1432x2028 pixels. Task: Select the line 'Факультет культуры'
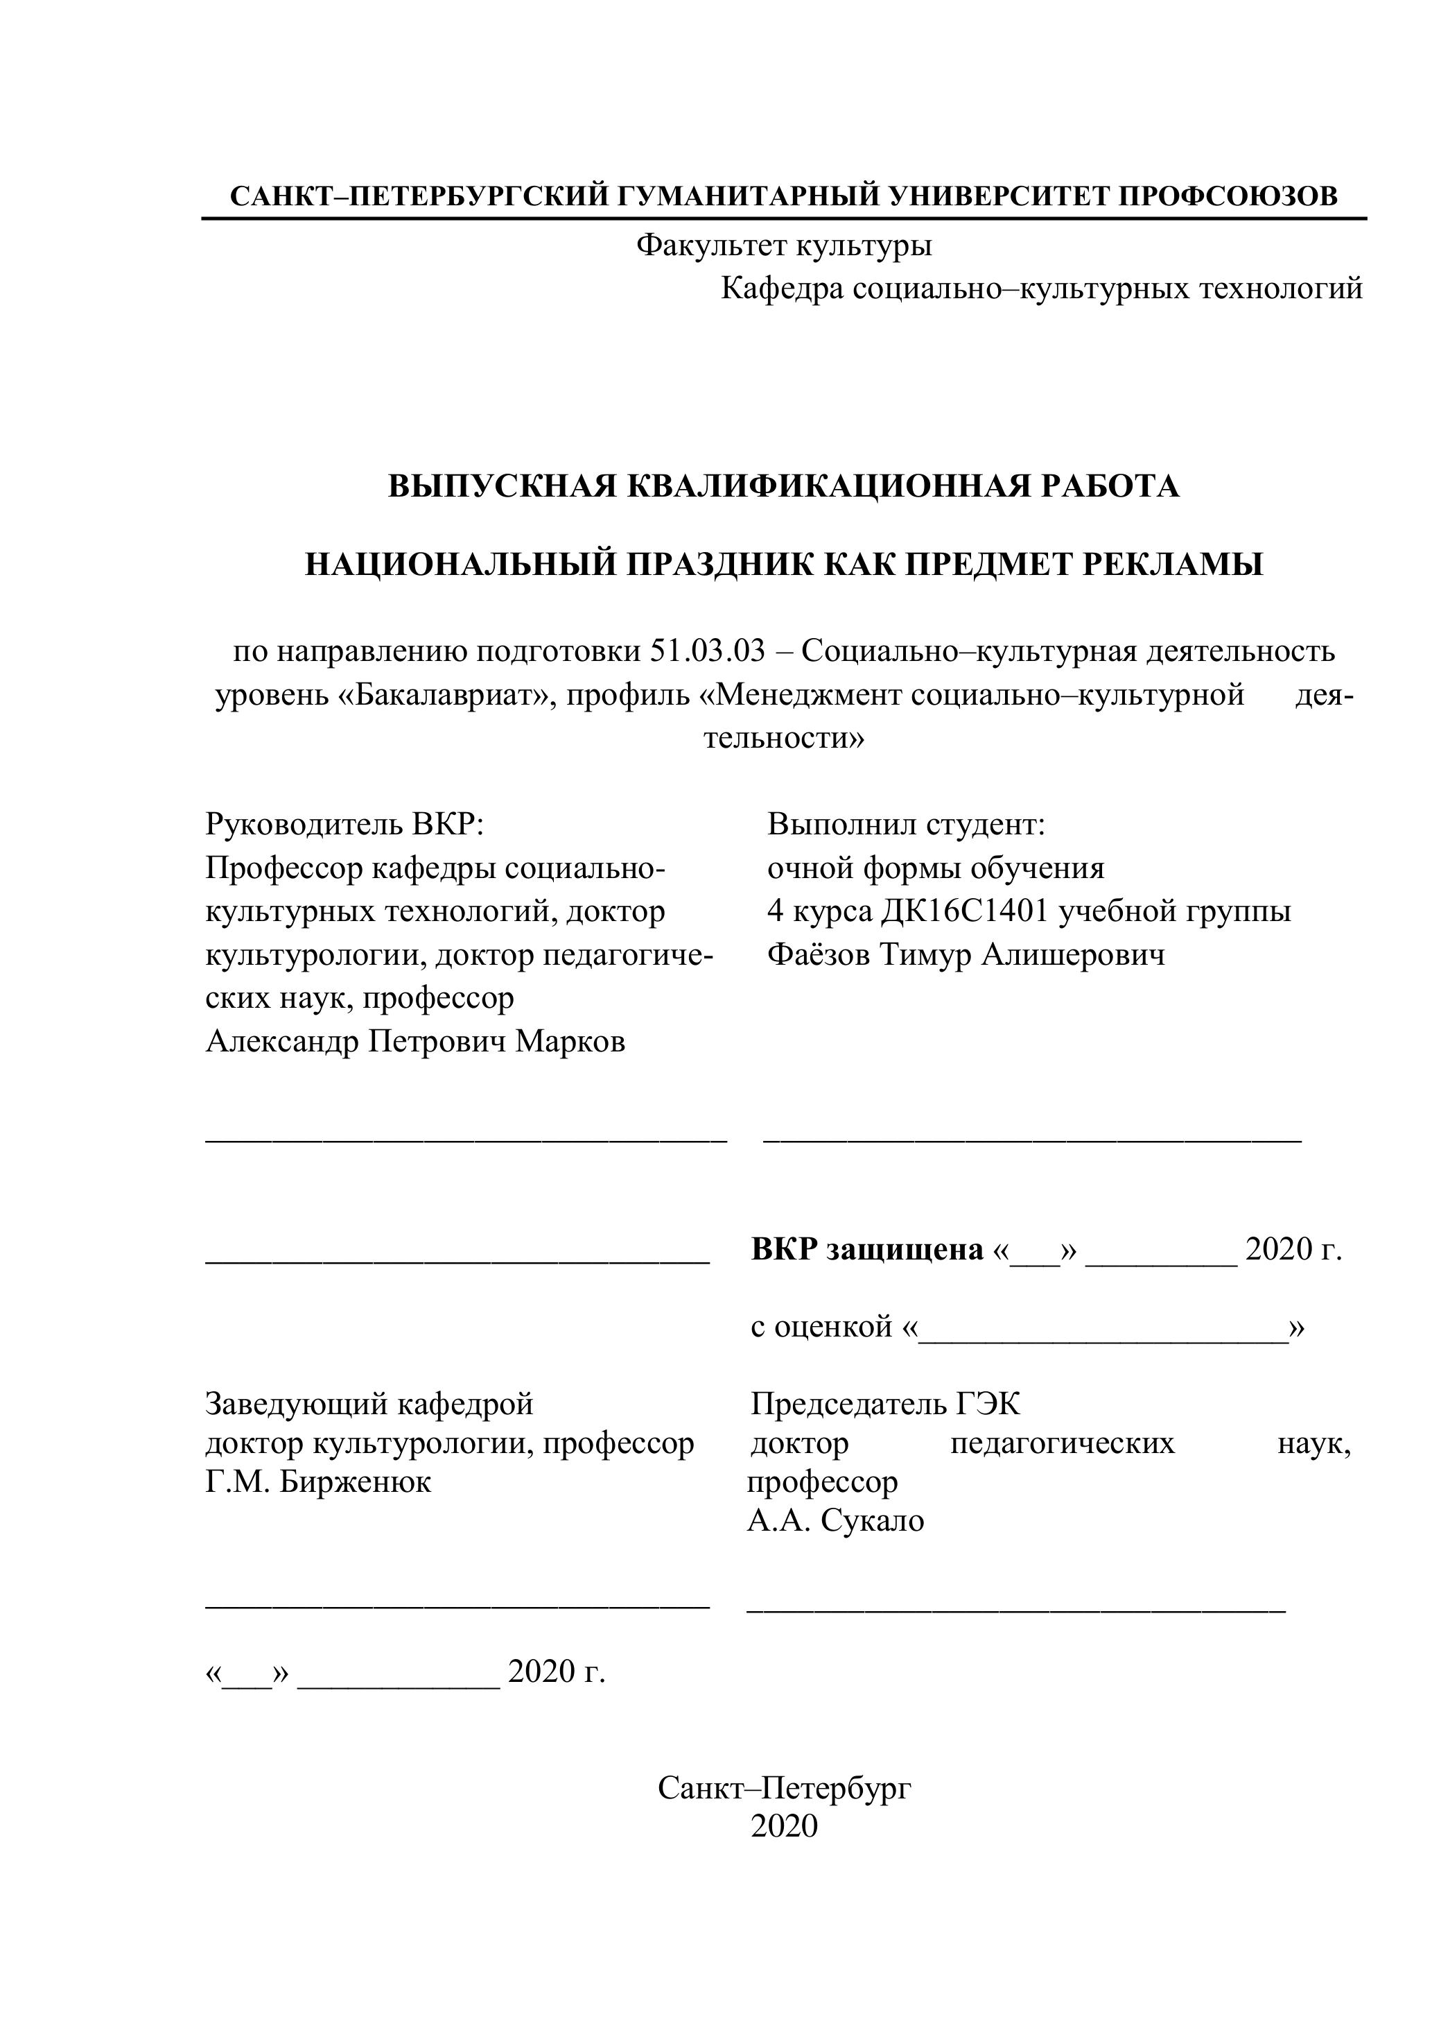tap(784, 245)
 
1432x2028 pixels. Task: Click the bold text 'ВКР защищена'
tap(867, 1249)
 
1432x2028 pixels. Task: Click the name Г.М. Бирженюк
tap(318, 1481)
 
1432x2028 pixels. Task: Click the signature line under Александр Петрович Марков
tap(466, 1142)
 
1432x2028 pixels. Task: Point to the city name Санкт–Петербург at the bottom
tap(784, 1788)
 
